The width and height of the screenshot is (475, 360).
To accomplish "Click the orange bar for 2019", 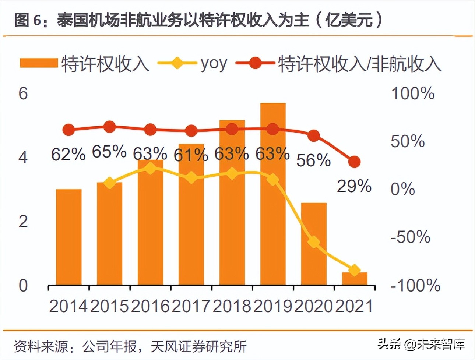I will click(x=273, y=206).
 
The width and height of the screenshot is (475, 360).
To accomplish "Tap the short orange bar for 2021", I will click(x=354, y=279).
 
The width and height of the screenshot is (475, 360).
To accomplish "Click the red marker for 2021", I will click(x=354, y=162).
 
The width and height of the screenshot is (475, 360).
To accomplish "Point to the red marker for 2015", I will click(x=109, y=127).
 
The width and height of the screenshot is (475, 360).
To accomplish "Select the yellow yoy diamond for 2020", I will click(x=314, y=242).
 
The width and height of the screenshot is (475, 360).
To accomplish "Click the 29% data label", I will click(x=354, y=186).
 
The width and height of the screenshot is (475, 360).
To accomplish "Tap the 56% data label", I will click(x=313, y=160).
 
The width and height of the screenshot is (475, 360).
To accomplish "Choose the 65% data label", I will click(x=109, y=151).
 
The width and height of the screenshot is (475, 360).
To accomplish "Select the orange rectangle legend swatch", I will click(x=39, y=63).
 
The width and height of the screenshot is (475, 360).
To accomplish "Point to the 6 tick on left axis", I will click(x=23, y=93).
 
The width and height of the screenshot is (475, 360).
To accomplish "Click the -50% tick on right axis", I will click(x=410, y=237).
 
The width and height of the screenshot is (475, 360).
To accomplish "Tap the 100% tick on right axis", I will click(x=413, y=93).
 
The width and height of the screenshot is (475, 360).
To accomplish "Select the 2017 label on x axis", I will click(x=191, y=306).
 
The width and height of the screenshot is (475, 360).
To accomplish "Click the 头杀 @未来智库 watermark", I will click(x=421, y=344).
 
